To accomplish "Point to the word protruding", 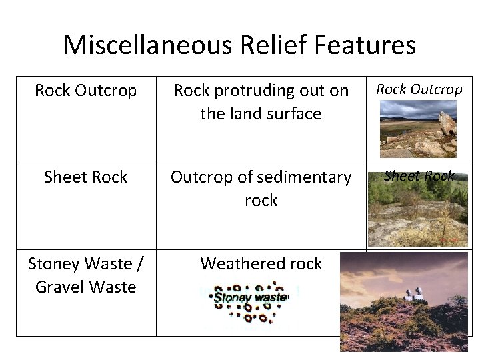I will (263, 91).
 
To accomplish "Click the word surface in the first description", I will (293, 113).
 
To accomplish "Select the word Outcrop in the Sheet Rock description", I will (199, 177).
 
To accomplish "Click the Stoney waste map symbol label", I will (250, 298).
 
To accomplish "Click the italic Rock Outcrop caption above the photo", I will (419, 89).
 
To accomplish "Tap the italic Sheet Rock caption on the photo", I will (419, 176).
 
